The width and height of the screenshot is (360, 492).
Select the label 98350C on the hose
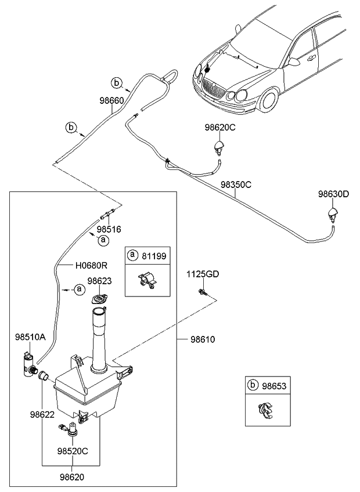(x=236, y=185)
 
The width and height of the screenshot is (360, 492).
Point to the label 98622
(x=42, y=415)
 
